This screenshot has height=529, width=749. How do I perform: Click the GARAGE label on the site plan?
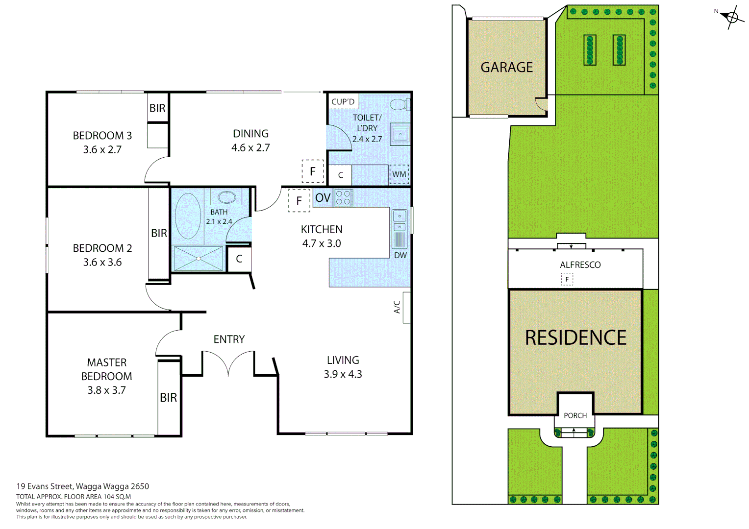tap(506, 67)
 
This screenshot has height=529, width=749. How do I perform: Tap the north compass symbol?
tap(731, 18)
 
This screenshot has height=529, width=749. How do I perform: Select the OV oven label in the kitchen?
tap(323, 198)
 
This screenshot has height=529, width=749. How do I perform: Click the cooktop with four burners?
tap(343, 198)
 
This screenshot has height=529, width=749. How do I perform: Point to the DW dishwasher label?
tap(400, 255)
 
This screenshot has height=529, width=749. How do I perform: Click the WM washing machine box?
tap(399, 174)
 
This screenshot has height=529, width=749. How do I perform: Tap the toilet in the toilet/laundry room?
tap(399, 104)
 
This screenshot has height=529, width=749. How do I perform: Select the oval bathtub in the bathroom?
tap(188, 216)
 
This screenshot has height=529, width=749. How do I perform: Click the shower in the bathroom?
tap(198, 258)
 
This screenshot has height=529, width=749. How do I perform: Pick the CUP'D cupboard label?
tap(343, 102)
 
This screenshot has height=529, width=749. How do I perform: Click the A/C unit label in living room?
tap(397, 307)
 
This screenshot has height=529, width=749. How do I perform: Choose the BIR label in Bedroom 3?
tap(157, 108)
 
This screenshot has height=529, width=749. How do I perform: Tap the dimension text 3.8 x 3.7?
tap(106, 390)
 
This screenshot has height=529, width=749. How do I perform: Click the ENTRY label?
tap(229, 339)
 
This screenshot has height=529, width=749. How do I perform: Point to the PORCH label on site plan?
tap(575, 415)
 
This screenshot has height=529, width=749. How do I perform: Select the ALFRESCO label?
tap(580, 265)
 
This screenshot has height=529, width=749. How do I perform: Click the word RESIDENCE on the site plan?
tap(575, 338)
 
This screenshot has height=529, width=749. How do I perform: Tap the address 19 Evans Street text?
tap(82, 486)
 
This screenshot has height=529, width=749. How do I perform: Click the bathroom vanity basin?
tap(226, 197)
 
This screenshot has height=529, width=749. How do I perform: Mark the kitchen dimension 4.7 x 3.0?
tap(322, 243)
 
